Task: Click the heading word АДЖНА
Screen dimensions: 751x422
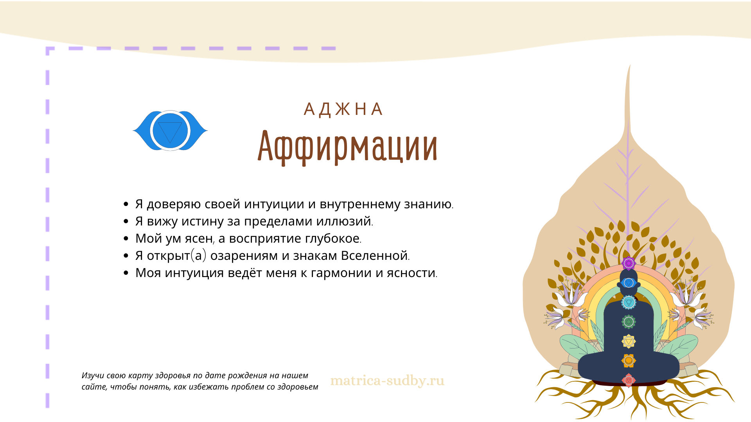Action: [343, 109]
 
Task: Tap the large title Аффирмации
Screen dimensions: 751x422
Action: [347, 147]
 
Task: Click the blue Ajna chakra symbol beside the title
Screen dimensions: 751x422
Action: [170, 131]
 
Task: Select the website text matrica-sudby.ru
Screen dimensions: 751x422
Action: [387, 381]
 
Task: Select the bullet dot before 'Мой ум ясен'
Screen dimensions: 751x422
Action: [126, 238]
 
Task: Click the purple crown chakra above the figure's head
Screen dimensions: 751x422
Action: [629, 263]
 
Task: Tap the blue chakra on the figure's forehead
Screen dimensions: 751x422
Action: [629, 283]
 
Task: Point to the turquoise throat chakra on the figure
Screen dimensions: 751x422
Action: [629, 302]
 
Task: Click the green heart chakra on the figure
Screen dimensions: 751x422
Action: [629, 322]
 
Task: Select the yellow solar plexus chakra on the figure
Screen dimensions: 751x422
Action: [629, 342]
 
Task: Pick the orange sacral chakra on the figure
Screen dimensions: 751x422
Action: [629, 361]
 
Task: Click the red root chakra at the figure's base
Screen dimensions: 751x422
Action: [629, 380]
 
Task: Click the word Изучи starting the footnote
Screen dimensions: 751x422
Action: [93, 376]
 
